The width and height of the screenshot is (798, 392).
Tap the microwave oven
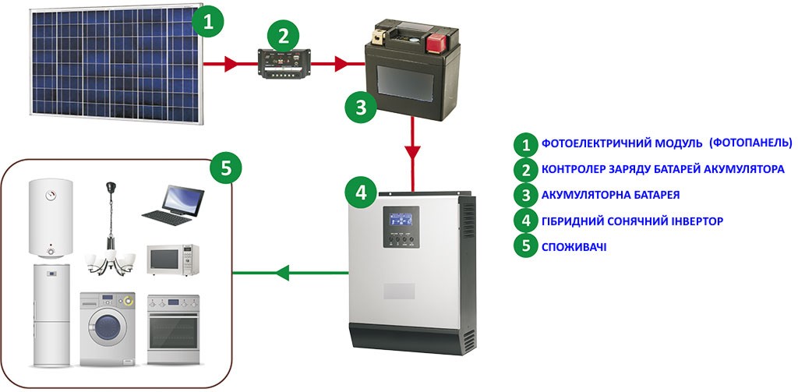[172, 260]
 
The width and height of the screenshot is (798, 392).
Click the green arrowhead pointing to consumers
[283, 273]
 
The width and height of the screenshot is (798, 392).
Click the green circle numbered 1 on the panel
[207, 21]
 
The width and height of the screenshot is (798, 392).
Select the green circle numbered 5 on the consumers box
[226, 167]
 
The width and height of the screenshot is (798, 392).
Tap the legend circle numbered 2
[526, 169]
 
